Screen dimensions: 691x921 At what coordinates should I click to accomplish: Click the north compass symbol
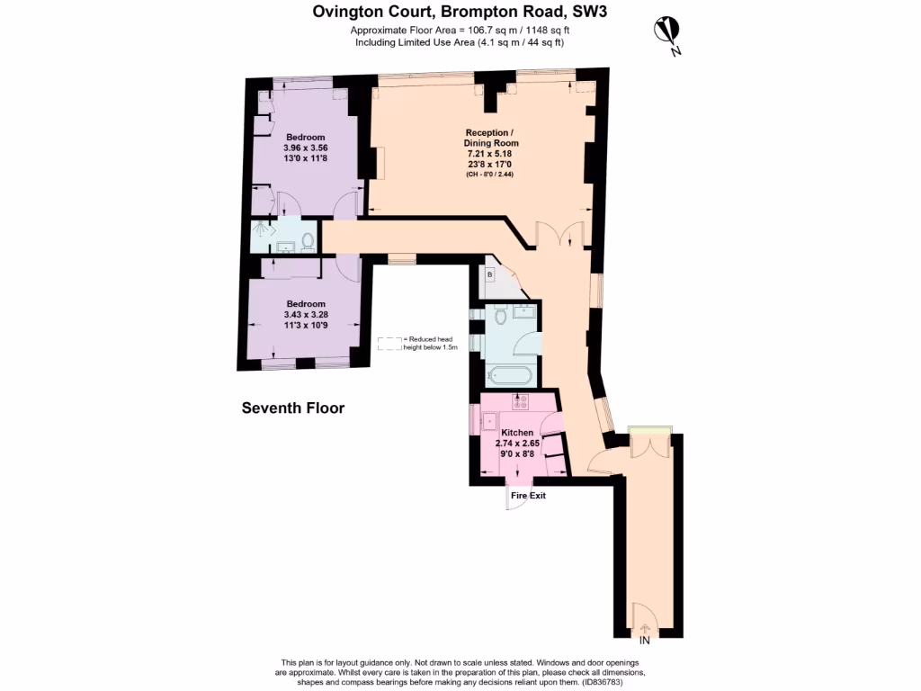tap(667, 33)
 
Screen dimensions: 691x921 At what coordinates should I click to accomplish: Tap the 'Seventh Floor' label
tap(293, 408)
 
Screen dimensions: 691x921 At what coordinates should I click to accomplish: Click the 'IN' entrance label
tap(644, 641)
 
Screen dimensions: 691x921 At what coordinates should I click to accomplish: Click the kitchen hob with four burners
tap(521, 402)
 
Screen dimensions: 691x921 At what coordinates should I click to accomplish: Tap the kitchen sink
tap(490, 420)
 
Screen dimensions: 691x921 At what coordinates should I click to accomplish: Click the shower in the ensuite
tap(262, 232)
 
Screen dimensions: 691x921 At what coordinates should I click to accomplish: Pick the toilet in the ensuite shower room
tap(308, 241)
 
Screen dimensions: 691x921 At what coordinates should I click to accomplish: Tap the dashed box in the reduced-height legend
tap(389, 343)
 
